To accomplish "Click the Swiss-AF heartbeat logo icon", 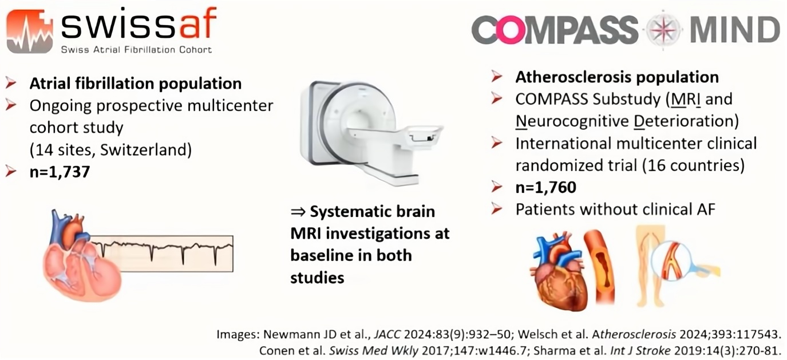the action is click(x=30, y=31).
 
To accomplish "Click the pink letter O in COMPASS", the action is click(x=511, y=30).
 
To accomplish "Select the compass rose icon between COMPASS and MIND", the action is click(x=663, y=30).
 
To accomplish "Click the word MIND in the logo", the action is click(x=735, y=30).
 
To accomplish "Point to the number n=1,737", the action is click(x=60, y=172).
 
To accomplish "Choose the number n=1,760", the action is click(x=545, y=188).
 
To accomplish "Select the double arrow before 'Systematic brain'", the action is click(x=298, y=212).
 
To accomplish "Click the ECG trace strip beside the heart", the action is click(x=161, y=253).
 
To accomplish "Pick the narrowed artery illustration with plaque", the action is click(x=599, y=266).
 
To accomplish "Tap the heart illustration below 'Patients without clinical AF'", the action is click(x=558, y=271).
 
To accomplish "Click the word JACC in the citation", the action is click(x=387, y=334).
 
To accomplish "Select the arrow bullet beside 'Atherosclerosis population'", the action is click(x=497, y=77).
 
